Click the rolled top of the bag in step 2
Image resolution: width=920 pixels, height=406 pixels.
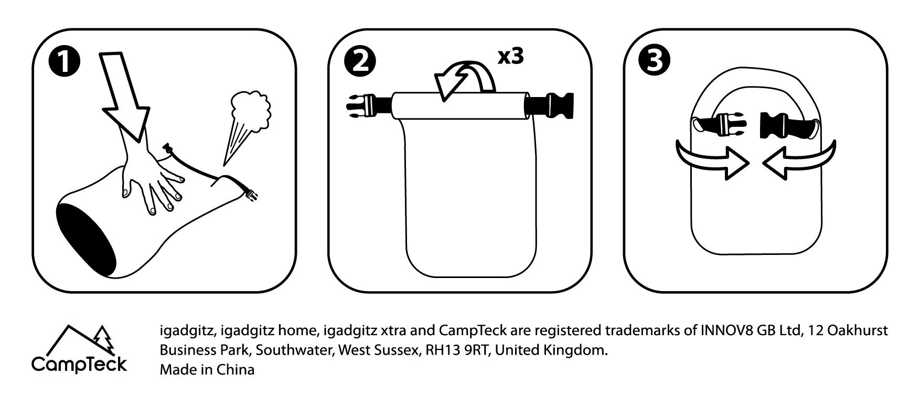pyautogui.click(x=460, y=106)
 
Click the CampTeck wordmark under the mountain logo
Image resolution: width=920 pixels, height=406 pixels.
pyautogui.click(x=79, y=364)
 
